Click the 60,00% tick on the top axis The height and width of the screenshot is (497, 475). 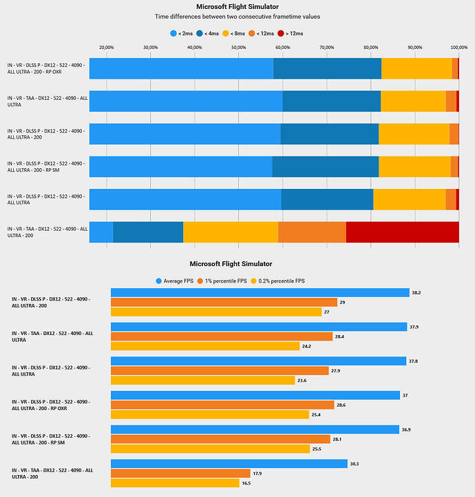(283, 47)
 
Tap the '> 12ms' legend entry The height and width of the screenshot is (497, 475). (291, 32)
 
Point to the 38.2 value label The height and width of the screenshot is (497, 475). (416, 292)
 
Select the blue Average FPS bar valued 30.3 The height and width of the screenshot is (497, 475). (229, 464)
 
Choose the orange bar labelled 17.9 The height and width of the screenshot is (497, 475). (180, 474)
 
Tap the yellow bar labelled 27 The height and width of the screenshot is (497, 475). (216, 312)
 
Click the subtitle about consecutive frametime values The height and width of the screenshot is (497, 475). (237, 15)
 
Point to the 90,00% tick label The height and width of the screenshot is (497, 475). (414, 47)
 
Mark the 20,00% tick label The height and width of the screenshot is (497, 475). (107, 47)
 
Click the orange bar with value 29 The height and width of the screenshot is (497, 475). (224, 302)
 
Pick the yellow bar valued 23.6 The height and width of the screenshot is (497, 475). (204, 380)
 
